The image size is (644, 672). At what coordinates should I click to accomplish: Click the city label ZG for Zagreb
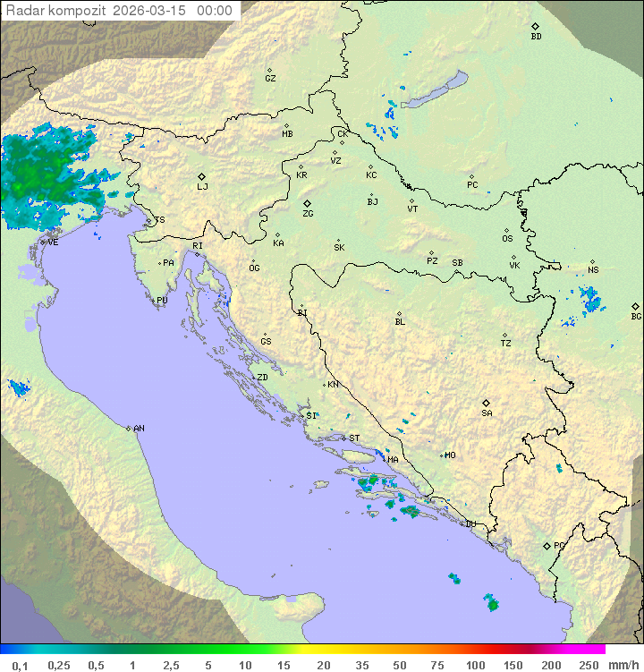pos(308,214)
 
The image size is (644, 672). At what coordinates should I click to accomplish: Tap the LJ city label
pos(202,187)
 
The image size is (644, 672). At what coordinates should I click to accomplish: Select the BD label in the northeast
pos(536,37)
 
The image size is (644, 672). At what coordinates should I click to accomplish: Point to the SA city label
pos(487,413)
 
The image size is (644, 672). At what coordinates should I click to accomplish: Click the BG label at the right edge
pos(636,317)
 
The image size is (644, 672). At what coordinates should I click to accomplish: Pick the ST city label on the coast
pos(354,438)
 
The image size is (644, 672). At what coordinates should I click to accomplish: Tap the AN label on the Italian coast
pos(139,429)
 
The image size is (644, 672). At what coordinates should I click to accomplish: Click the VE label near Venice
pos(53,242)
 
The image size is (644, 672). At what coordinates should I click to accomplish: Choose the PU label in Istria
pos(162,301)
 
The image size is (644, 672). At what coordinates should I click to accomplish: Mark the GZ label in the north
pos(270,79)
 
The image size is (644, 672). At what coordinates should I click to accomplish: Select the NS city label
pos(593,270)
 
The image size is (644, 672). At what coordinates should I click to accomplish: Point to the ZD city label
pos(262,378)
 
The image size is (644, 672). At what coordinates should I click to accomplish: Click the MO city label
pos(450,455)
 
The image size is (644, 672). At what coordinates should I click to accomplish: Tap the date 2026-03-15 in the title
pos(151,11)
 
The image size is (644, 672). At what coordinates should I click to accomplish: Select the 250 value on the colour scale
pos(589,665)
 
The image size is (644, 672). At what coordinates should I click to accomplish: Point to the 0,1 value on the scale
pos(20,665)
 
